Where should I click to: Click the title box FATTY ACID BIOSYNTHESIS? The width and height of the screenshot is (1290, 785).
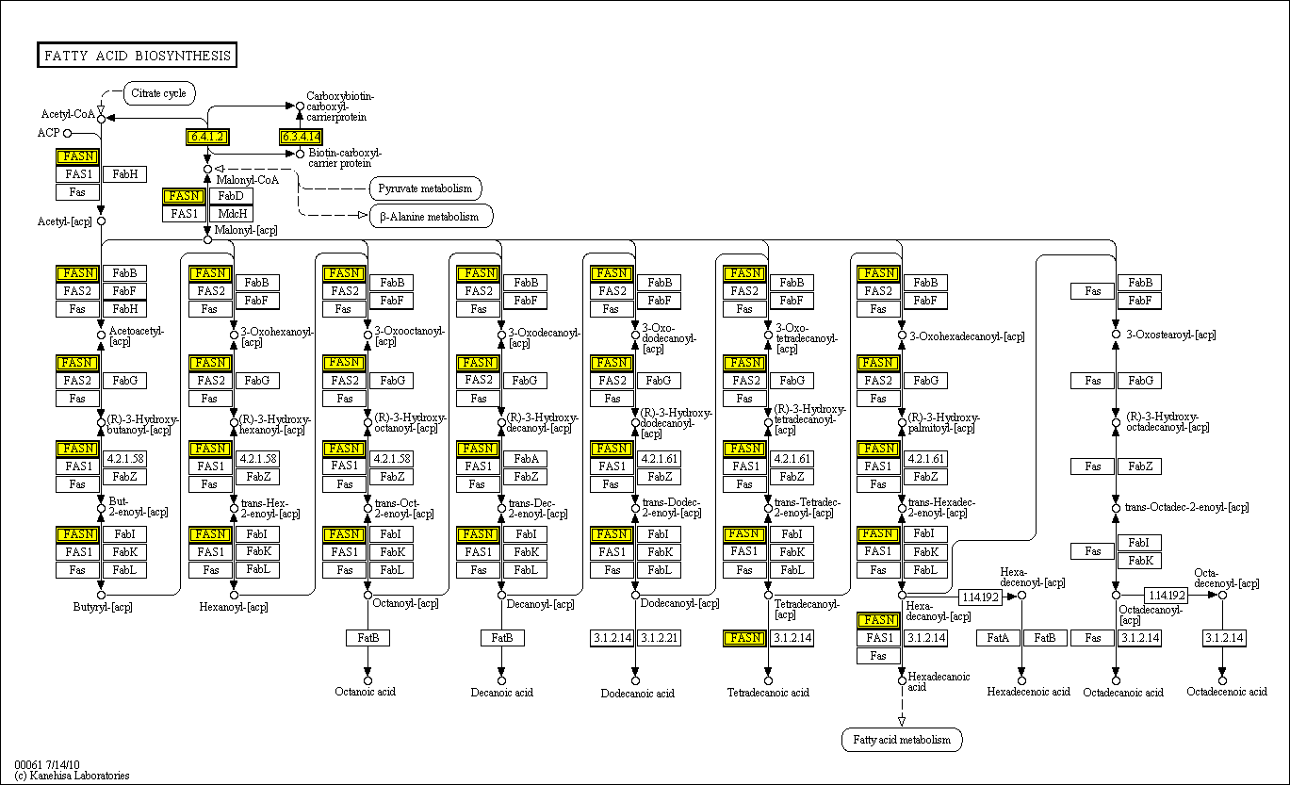137,56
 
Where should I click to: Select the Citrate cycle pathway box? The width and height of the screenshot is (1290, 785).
159,93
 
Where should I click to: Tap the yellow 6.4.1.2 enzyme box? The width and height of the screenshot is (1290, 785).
207,137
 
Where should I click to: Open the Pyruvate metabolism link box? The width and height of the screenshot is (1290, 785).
425,188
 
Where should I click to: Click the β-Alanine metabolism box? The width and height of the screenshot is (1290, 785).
430,217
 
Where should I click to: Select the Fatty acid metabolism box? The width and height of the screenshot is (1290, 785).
902,740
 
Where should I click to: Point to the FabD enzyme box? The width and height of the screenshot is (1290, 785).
231,196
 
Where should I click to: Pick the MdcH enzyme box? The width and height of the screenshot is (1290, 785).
231,214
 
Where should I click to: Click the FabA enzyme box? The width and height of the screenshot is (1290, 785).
526,459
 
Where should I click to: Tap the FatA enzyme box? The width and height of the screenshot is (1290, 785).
999,638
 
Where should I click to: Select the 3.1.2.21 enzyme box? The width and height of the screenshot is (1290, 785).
659,638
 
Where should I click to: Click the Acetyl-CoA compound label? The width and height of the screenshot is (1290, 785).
68,114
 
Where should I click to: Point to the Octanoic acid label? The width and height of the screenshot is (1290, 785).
366,692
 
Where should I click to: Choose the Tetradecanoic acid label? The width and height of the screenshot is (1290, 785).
768,693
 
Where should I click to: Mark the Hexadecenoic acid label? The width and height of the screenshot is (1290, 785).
1028,692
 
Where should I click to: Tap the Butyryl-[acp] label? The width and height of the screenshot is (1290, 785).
103,607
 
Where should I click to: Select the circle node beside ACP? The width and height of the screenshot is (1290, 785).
67,133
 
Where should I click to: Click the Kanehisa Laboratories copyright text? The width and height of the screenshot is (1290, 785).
72,776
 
